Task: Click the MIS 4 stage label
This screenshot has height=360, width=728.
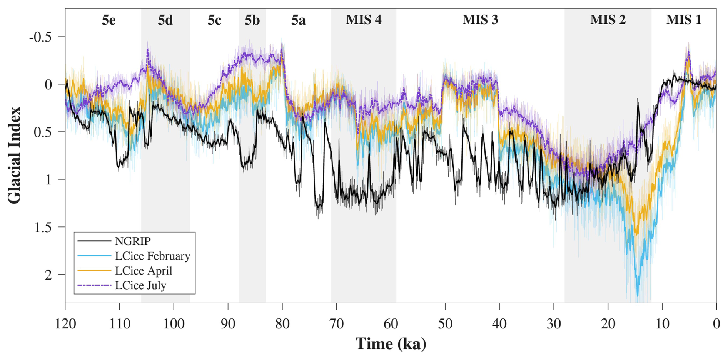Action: pos(364,20)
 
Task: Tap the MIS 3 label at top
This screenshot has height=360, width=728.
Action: pos(480,20)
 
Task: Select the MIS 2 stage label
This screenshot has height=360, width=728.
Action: pos(608,20)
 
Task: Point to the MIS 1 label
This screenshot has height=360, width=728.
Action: pos(683,20)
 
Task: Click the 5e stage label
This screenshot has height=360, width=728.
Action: pos(109,20)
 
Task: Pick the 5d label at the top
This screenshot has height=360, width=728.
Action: pos(165,20)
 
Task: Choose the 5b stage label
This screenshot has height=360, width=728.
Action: pos(252,20)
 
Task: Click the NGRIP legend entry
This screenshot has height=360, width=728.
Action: pos(133,241)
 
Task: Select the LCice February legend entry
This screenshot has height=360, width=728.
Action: pos(152,256)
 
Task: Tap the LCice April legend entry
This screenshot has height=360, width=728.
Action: pos(144,271)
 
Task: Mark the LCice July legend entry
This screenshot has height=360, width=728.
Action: pos(140,285)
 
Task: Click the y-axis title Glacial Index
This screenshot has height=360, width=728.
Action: pos(15,155)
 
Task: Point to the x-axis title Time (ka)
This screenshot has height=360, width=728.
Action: pos(391,344)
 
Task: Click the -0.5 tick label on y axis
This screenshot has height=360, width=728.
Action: pos(40,37)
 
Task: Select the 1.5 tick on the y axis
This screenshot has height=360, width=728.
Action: pos(43,227)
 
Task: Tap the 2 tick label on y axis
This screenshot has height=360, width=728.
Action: pos(48,275)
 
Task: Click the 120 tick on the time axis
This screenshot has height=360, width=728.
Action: pos(65,324)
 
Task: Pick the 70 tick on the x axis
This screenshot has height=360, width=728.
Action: pos(336,324)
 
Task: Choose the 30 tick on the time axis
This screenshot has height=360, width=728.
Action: pos(554,324)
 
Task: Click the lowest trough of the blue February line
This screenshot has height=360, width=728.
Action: pos(638,296)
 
